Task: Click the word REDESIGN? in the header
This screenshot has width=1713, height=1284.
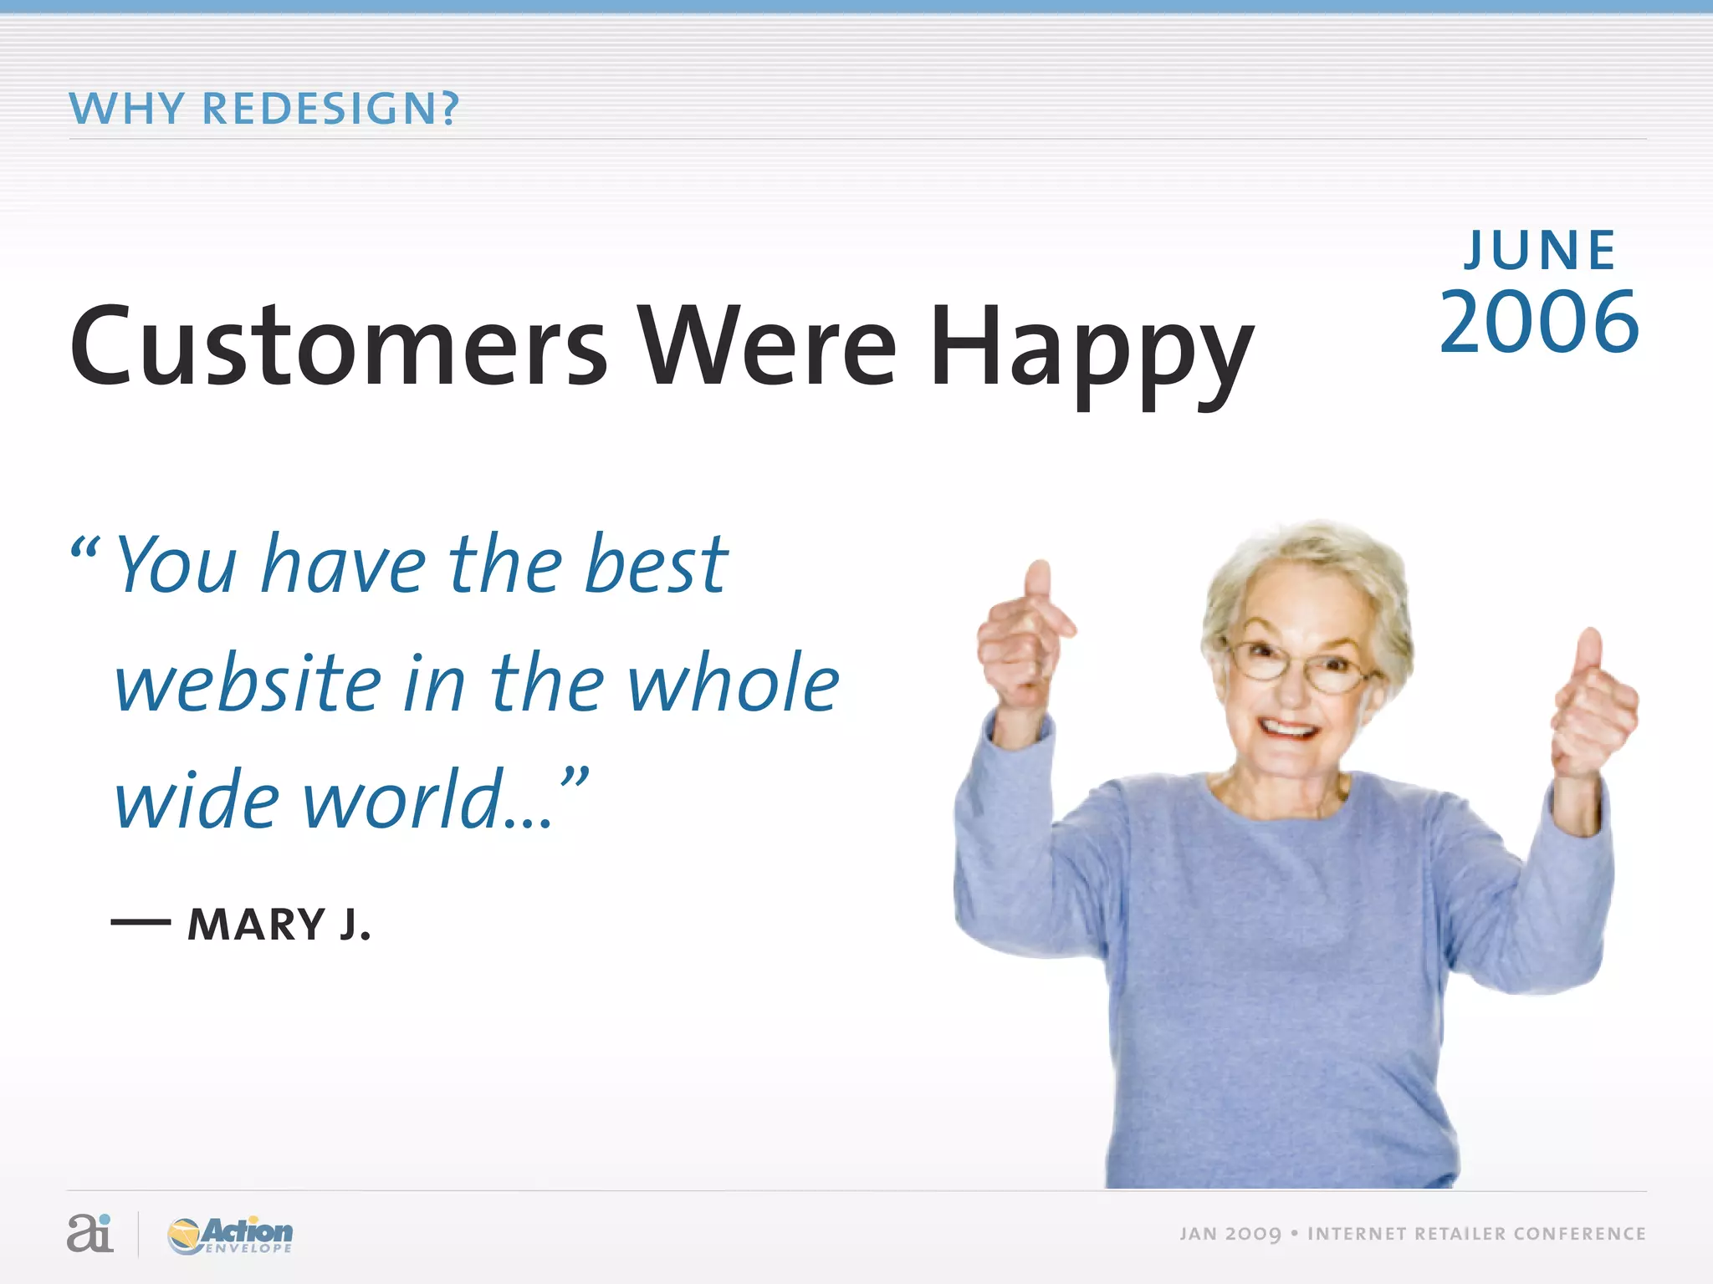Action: point(330,109)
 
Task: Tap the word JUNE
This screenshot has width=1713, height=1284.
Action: point(1540,251)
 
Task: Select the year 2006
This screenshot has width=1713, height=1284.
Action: point(1539,323)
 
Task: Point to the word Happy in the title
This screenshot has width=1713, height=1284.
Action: point(1092,351)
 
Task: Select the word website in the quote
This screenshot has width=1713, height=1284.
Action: point(248,683)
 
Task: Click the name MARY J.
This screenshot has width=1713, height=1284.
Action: point(279,925)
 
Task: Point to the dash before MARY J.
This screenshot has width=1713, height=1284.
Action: point(141,923)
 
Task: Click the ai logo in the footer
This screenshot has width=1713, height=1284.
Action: point(89,1233)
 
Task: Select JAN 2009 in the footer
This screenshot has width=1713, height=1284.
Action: point(1230,1234)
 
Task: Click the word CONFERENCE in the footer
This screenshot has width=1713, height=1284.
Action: point(1579,1234)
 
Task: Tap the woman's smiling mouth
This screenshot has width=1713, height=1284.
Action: point(1288,729)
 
